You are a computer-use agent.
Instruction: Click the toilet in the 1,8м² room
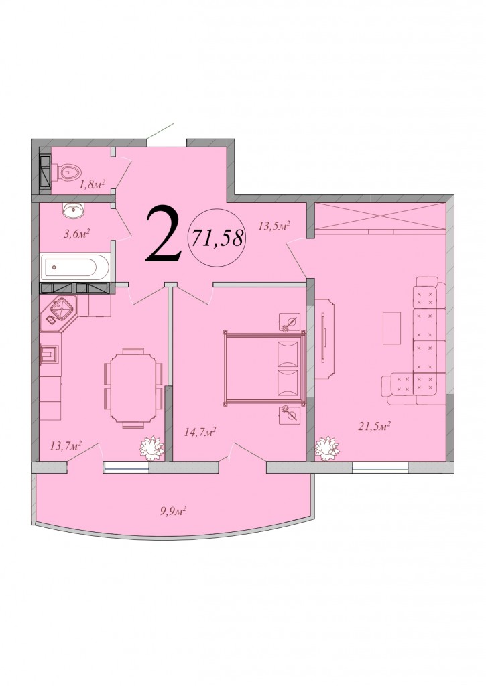click(x=65, y=172)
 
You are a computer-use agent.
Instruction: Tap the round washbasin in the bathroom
click(x=74, y=210)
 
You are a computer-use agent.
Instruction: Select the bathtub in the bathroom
click(x=74, y=267)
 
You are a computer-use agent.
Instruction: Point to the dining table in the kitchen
click(x=133, y=388)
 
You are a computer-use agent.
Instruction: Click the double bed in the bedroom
click(x=264, y=369)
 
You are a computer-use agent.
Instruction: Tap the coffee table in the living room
click(x=391, y=328)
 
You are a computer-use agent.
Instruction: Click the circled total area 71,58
click(x=216, y=238)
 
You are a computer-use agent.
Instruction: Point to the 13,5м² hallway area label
click(x=275, y=226)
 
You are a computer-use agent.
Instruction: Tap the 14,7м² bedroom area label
click(x=200, y=433)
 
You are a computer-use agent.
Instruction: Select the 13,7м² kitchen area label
click(x=66, y=445)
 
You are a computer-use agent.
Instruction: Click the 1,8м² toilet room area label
click(x=92, y=184)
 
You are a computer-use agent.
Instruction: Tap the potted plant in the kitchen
click(x=151, y=448)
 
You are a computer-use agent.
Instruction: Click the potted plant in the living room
click(x=327, y=448)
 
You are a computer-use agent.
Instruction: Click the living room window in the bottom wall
click(x=381, y=467)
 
